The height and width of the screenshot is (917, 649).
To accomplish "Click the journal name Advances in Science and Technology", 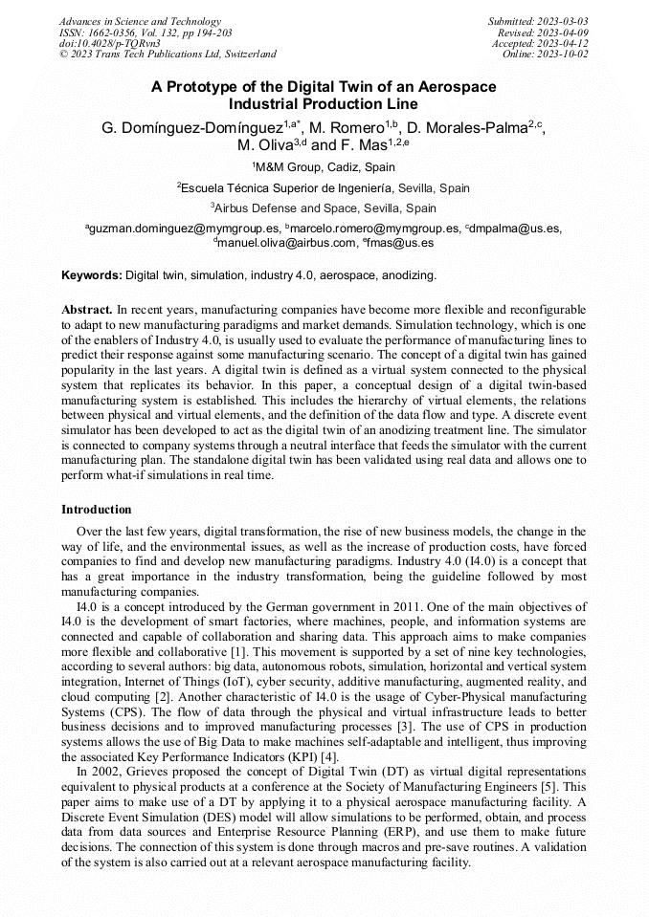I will point(140,21).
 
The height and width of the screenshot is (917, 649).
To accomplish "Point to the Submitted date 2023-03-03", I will point(538,21).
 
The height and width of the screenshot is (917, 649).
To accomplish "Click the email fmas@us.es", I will point(399,243).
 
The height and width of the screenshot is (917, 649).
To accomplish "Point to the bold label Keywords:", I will point(92,275).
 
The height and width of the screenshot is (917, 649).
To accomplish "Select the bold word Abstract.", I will point(86,310).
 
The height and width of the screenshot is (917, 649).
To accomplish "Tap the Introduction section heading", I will point(97,510).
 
